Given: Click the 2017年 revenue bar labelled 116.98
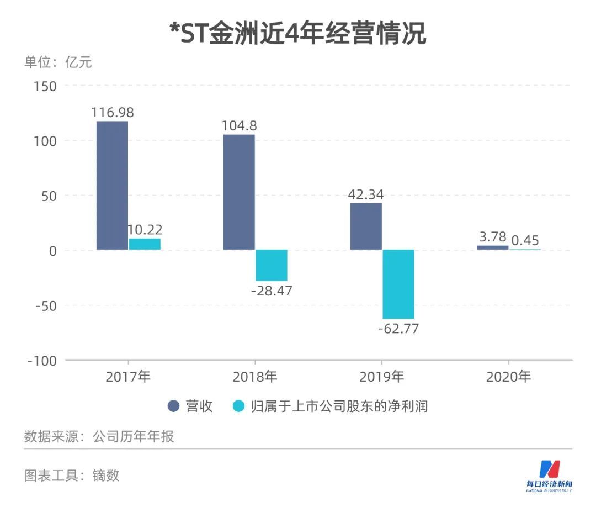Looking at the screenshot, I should (112, 185).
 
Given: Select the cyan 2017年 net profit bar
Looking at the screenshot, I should (145, 244).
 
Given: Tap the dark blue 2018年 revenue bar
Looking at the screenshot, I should (239, 192).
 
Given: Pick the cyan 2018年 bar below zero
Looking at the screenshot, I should (271, 265).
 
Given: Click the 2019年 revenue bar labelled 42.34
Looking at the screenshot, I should (366, 226).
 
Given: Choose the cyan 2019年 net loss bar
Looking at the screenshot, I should (398, 284).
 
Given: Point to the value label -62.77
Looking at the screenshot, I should (398, 329).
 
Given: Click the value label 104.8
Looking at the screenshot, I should (239, 125).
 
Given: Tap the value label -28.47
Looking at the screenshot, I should (271, 291).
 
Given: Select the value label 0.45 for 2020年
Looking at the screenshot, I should (525, 240).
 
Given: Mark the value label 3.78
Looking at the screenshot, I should (493, 237).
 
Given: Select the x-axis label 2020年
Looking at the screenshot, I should (508, 377).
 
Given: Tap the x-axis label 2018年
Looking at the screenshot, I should (254, 377).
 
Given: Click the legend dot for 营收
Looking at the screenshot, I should (174, 406).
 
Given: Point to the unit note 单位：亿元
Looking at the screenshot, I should (58, 62).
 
